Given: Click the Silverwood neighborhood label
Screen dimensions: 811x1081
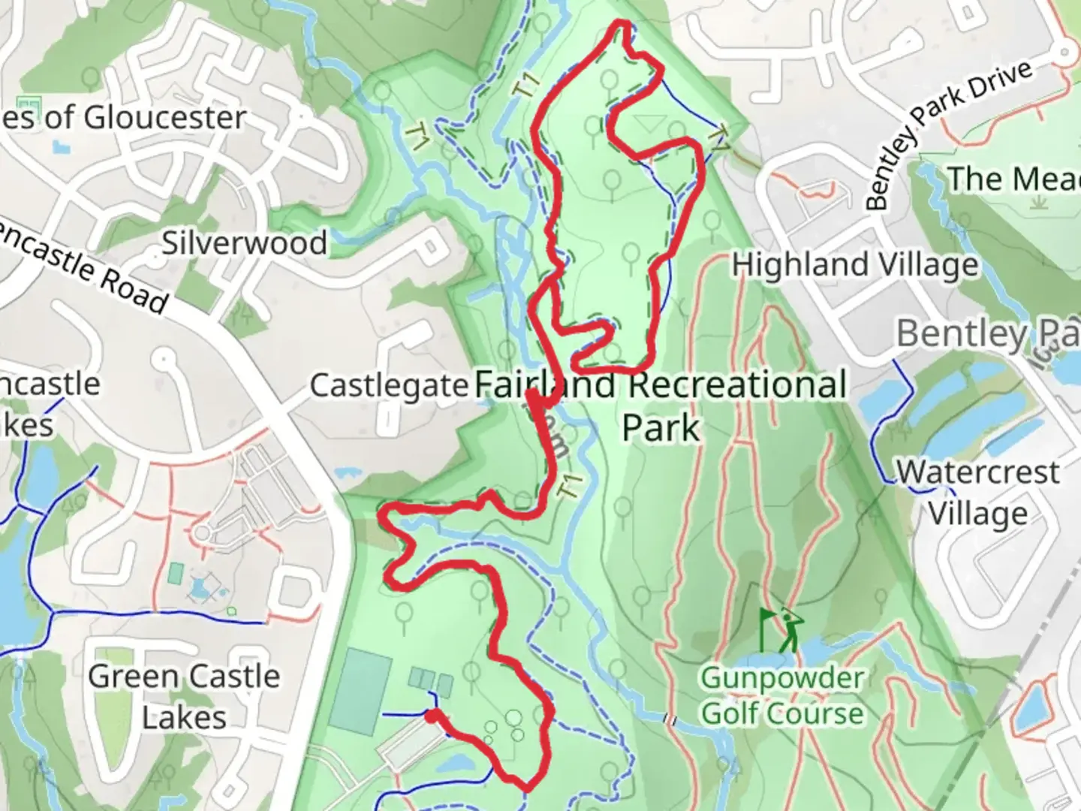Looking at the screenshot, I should (x=245, y=243).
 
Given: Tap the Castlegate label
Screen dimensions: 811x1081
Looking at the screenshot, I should (x=389, y=385).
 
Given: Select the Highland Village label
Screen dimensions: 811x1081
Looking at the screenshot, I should (x=855, y=264).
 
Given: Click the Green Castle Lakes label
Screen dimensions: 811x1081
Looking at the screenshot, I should (x=184, y=696).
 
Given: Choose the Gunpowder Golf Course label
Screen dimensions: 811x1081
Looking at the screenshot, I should (x=782, y=696).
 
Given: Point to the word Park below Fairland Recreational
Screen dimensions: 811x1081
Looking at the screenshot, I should (x=661, y=427).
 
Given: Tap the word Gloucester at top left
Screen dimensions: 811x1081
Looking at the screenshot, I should (x=164, y=117).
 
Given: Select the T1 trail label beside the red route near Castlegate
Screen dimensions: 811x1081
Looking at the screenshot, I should (x=571, y=486).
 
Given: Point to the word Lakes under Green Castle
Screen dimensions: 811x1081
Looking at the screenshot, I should (x=184, y=717).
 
